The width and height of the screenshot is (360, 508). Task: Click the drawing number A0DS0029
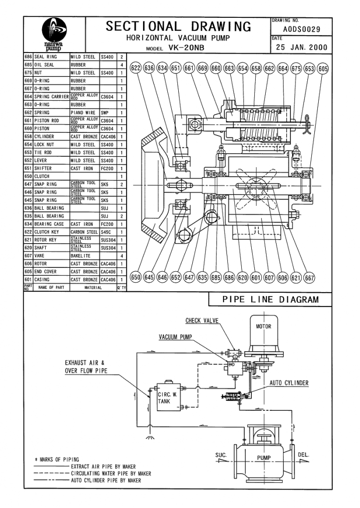click(301, 29)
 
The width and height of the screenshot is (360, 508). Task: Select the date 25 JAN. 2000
click(301, 47)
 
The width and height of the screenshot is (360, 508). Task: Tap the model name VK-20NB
click(187, 48)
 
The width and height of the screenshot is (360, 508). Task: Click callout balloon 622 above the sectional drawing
click(136, 68)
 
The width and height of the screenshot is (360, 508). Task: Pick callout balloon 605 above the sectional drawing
click(323, 68)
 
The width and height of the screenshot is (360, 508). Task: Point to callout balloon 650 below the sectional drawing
click(136, 277)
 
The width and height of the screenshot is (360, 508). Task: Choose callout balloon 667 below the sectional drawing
click(310, 278)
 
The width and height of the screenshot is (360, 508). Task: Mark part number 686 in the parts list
click(28, 57)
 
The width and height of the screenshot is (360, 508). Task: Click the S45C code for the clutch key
click(106, 232)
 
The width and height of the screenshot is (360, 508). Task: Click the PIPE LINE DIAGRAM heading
click(271, 299)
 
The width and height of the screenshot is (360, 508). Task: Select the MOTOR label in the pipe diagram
click(263, 326)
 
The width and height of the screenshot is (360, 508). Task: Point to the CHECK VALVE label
click(202, 320)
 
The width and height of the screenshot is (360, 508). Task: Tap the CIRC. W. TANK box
click(169, 397)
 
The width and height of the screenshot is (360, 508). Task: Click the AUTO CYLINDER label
click(289, 383)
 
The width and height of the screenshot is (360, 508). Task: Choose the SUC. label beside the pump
click(220, 455)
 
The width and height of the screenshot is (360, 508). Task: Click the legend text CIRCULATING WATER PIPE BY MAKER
click(111, 473)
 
